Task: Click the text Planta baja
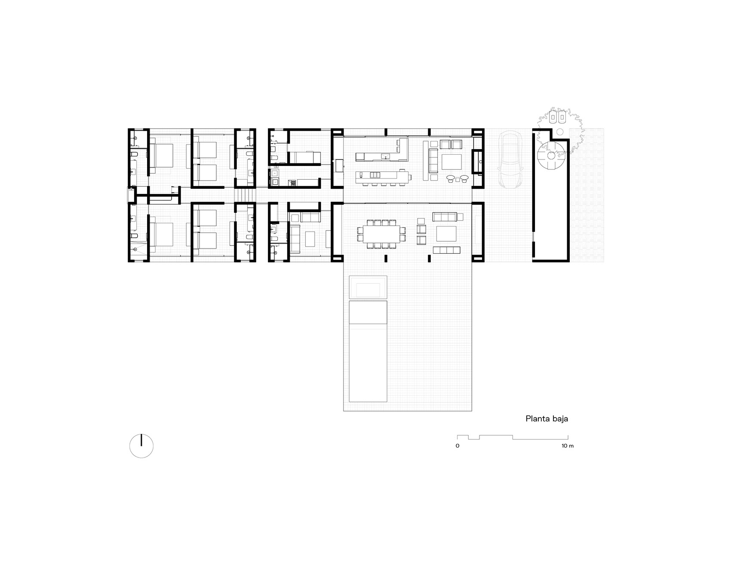click(x=547, y=418)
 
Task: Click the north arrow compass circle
click(x=141, y=446)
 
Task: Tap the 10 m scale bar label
click(x=567, y=446)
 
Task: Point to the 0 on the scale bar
click(x=457, y=446)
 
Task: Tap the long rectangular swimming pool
click(x=368, y=351)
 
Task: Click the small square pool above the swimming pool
click(x=368, y=287)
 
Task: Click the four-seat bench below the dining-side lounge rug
click(x=446, y=250)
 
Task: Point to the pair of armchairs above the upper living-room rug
click(x=450, y=144)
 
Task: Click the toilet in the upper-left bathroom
click(x=134, y=154)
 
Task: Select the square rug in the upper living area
click(x=451, y=162)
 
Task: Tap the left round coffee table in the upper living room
click(x=451, y=178)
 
